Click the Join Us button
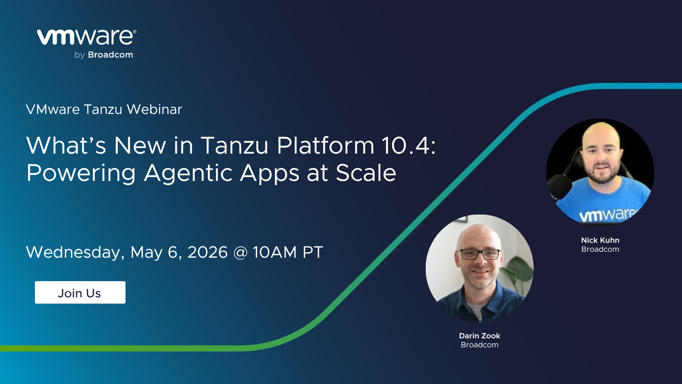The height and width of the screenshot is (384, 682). pos(80,292)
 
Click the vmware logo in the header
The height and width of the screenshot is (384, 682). pos(87,37)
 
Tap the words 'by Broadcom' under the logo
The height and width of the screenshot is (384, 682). pos(104,55)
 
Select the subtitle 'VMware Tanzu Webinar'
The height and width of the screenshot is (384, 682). pos(104,109)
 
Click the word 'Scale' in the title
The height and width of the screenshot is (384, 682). pos(366,173)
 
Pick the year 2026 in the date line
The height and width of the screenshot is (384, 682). pos(207,252)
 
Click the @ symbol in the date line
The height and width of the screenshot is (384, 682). pos(240,253)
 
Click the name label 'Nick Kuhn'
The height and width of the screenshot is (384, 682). pos(600,240)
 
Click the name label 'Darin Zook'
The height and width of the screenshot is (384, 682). pos(480,336)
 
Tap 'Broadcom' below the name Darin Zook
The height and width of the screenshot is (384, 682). pos(480,345)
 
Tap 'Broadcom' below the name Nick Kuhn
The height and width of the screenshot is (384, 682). pos(600,249)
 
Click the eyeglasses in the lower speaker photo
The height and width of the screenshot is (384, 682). pos(479,254)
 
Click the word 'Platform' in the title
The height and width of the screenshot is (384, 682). pos(326,145)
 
